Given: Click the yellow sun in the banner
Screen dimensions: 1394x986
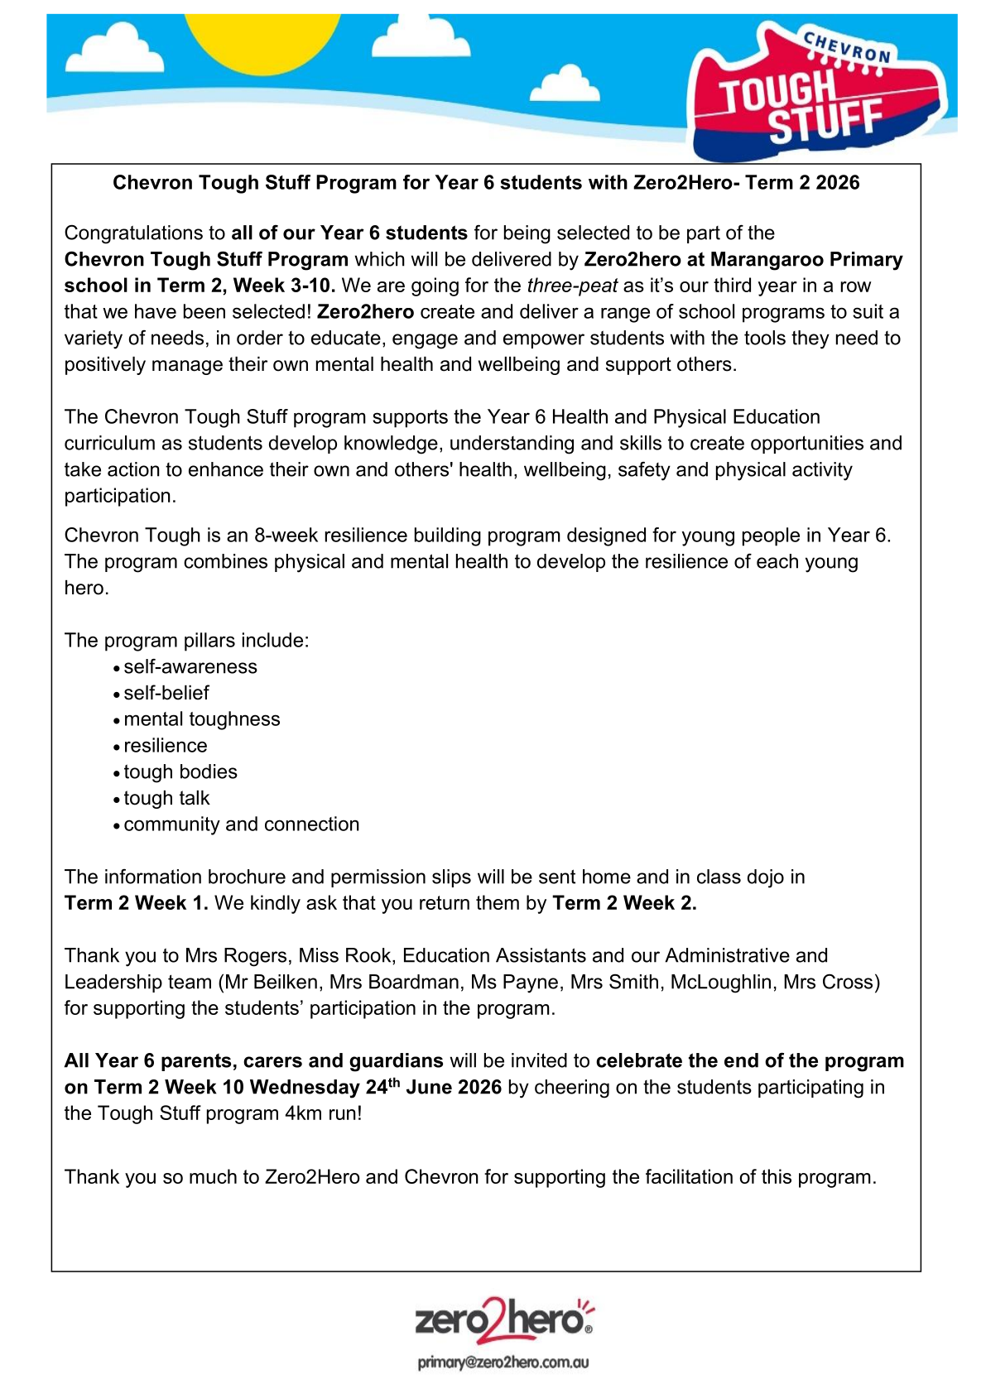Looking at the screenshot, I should point(261,37).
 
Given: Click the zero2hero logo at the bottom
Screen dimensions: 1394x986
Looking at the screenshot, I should point(504,1319).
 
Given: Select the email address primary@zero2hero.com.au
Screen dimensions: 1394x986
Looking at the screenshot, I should point(503,1363).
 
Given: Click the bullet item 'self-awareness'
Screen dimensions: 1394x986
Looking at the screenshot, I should point(190,667).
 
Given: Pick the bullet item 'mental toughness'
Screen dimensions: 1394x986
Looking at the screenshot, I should point(202,719).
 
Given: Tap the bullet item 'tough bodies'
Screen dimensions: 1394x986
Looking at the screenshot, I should point(180,772).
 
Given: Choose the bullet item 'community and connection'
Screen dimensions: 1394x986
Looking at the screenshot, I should point(242,824).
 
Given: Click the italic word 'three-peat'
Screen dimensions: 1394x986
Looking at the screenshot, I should point(572,286).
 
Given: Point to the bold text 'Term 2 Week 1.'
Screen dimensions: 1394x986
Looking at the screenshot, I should point(137,903).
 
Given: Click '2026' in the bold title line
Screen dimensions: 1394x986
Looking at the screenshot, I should point(837,183).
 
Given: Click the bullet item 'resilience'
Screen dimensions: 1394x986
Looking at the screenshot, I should point(166,746).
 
